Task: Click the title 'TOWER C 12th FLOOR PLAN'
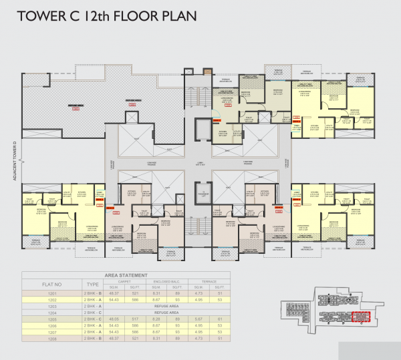click(x=108, y=16)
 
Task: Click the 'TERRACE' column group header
click(x=207, y=280)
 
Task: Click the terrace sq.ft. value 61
click(x=219, y=319)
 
